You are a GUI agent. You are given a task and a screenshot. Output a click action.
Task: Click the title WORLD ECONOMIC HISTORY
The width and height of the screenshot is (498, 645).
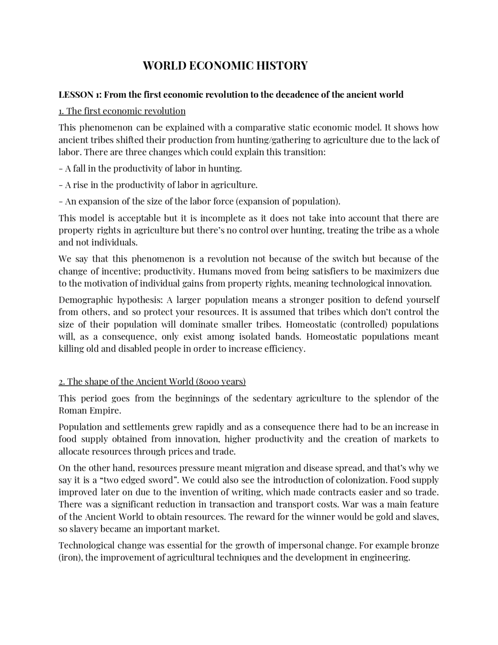point(225,65)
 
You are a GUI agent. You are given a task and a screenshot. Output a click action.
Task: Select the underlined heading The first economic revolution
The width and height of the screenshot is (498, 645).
point(122,111)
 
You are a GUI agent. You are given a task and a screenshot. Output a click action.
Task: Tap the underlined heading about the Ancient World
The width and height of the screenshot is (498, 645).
point(152,381)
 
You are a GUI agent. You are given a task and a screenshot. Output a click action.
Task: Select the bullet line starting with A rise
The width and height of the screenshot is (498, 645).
point(158,185)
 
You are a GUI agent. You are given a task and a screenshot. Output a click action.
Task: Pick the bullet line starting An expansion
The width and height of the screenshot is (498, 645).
point(200,201)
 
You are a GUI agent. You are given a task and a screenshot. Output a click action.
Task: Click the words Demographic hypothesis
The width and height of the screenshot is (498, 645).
point(111,300)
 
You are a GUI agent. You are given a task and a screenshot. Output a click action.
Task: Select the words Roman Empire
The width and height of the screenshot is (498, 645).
point(90,411)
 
